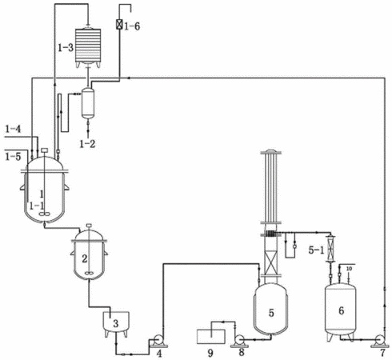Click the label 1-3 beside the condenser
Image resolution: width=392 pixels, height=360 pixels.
[66, 48]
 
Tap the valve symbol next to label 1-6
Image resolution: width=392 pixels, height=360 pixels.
[119, 25]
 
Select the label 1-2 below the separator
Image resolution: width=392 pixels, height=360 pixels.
[87, 144]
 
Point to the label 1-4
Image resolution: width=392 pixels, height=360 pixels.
[13, 130]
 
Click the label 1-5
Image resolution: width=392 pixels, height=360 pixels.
[13, 157]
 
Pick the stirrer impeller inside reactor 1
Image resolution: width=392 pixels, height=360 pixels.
[44, 214]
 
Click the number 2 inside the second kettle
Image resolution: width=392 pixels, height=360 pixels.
[85, 258]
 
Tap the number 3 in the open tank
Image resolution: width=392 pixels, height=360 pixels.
[115, 323]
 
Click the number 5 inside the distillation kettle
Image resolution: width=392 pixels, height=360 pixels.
[271, 313]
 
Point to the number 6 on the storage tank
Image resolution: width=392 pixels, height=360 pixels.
[341, 310]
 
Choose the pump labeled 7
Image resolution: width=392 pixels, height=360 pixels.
[380, 341]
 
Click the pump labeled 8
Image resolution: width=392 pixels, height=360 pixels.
[239, 341]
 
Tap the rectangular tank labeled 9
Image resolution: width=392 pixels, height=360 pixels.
[210, 336]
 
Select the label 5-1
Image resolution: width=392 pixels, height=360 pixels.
[316, 250]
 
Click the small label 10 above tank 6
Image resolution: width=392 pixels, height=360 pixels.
[349, 269]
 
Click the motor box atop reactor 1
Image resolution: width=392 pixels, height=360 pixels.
[44, 150]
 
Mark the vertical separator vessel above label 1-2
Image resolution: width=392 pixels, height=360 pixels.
[88, 102]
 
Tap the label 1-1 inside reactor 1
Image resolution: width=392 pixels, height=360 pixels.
[37, 206]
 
